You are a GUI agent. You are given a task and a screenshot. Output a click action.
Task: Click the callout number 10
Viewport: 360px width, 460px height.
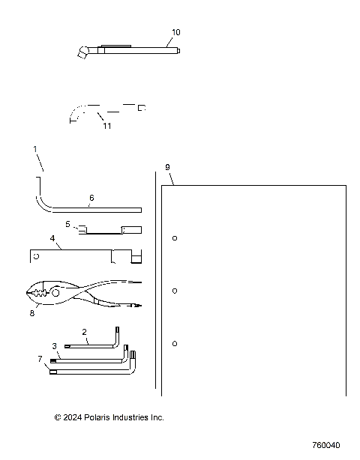tap(176, 32)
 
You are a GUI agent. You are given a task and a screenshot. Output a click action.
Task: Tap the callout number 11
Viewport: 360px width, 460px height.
tap(107, 126)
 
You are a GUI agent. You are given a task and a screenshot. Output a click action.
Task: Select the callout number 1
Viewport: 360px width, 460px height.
tap(34, 150)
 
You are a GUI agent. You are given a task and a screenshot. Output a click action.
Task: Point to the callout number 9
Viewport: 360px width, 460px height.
tap(167, 166)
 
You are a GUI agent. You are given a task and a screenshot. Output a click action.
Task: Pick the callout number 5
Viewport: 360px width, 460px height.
tap(67, 224)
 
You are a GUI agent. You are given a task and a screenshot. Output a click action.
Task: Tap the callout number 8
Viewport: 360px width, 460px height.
tap(31, 313)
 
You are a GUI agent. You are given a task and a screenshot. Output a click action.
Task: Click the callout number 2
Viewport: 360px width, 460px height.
tap(84, 331)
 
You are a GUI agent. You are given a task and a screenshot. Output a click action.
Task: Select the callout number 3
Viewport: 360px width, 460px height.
tap(54, 345)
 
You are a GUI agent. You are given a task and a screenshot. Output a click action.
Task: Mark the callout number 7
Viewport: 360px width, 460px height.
tap(39, 359)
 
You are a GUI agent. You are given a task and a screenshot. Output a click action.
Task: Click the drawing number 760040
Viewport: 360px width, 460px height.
tap(326, 445)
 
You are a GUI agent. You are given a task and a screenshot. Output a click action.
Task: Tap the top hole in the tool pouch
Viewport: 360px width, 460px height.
tap(175, 239)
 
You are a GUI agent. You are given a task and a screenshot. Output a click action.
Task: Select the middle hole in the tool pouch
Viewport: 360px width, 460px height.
tap(175, 291)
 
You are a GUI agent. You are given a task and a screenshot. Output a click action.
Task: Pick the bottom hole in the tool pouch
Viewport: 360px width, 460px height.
tap(175, 343)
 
